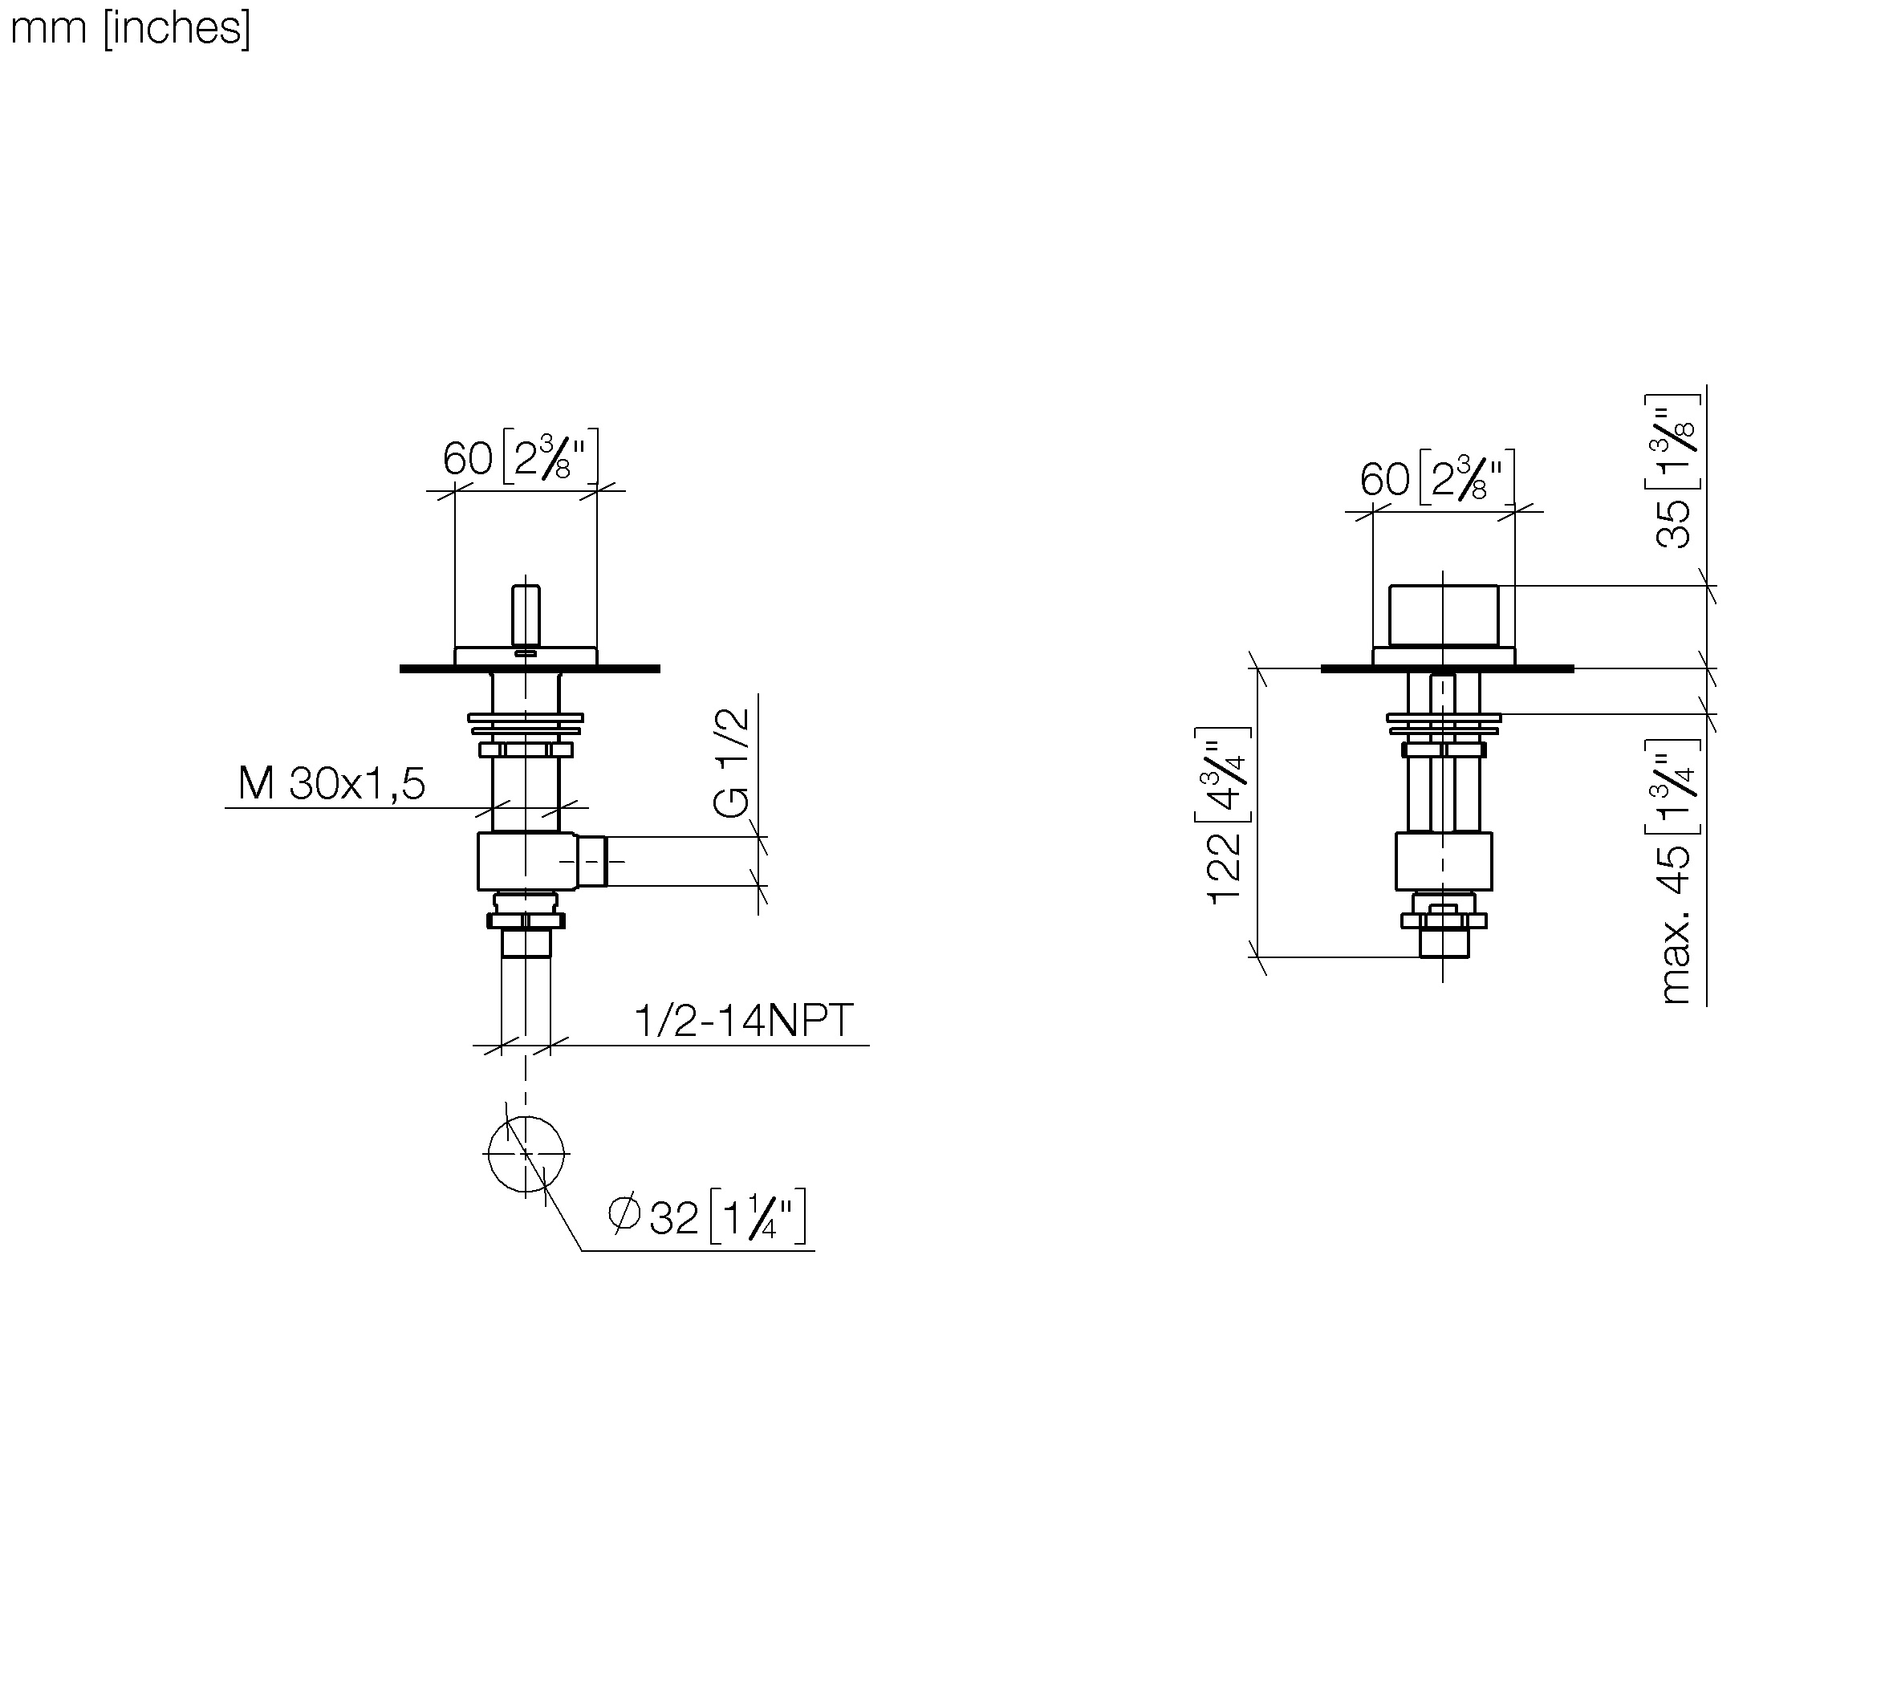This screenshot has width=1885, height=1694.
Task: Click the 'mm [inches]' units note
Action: click(x=130, y=29)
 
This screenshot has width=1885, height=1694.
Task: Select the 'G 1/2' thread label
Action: click(x=732, y=762)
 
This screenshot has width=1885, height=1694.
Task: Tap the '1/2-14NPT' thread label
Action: click(x=744, y=1020)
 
